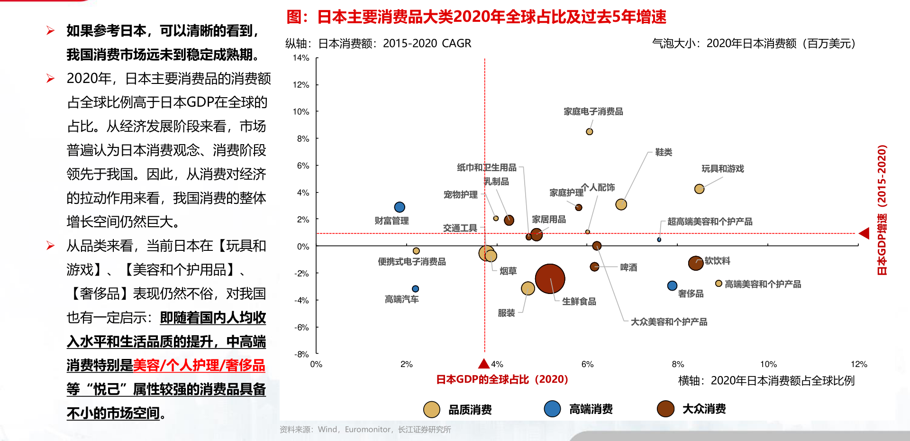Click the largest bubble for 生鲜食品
coord(550,279)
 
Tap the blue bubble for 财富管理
coord(400,207)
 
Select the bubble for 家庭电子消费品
coord(589,132)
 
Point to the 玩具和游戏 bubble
coord(699,189)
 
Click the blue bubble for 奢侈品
coord(672,285)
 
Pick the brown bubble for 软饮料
coord(695,263)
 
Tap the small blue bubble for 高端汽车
coord(415,289)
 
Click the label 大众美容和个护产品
coord(669,322)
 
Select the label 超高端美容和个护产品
coord(710,221)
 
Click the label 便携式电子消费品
coord(411,262)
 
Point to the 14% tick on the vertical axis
coord(301,58)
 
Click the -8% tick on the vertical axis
coord(301,354)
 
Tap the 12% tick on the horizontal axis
coord(859,364)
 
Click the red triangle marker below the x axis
coord(483,364)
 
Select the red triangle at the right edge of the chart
coord(864,233)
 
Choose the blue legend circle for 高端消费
coord(552,409)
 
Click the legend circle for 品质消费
coord(431,409)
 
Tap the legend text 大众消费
coord(704,409)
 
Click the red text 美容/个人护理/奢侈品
coord(199,366)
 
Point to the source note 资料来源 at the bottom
coord(365,430)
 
